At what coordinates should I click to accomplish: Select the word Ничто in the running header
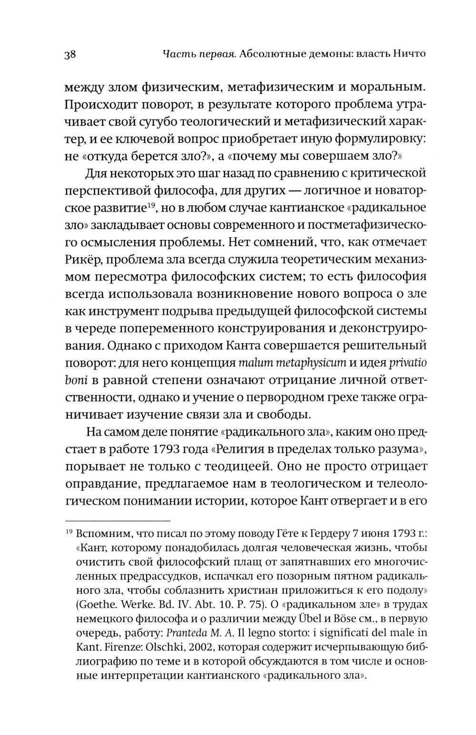406,53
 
